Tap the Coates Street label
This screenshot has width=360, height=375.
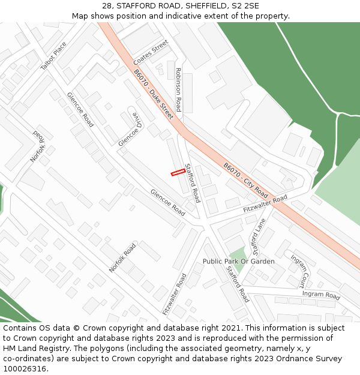click(x=151, y=53)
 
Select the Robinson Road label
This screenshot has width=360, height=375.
click(x=178, y=89)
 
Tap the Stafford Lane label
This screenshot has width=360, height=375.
click(x=258, y=236)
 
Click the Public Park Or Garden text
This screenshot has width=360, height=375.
click(x=238, y=262)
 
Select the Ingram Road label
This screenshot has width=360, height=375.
click(x=321, y=295)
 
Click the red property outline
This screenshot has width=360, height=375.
click(x=178, y=173)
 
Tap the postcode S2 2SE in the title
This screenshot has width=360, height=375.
click(x=247, y=5)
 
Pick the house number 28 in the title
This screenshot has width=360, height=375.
click(x=107, y=5)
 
